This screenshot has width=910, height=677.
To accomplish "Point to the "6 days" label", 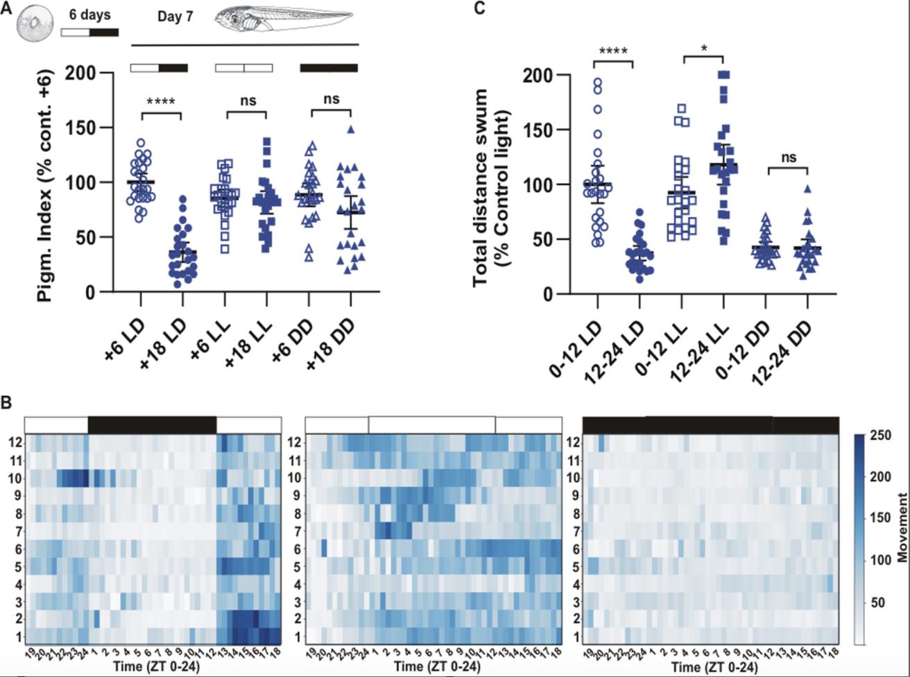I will (89, 15).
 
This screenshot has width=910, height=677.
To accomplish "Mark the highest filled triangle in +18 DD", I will (352, 130).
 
